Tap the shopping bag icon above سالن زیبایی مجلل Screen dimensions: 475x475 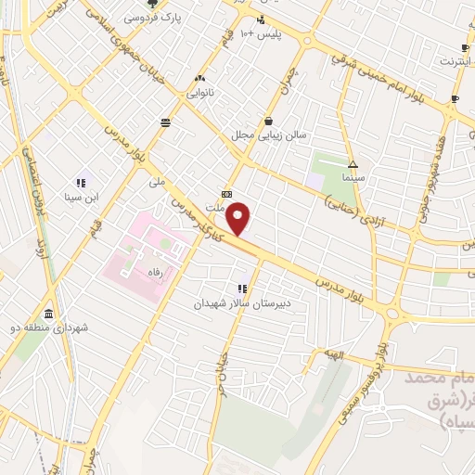pos(268,121)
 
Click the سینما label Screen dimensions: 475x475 pos(354,175)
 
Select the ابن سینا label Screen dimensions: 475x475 pos(81,197)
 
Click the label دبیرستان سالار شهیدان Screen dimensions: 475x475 pos(242,303)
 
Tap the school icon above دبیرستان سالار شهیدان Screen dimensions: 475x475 pos(242,289)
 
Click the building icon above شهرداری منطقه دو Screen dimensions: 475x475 pos(48,314)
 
